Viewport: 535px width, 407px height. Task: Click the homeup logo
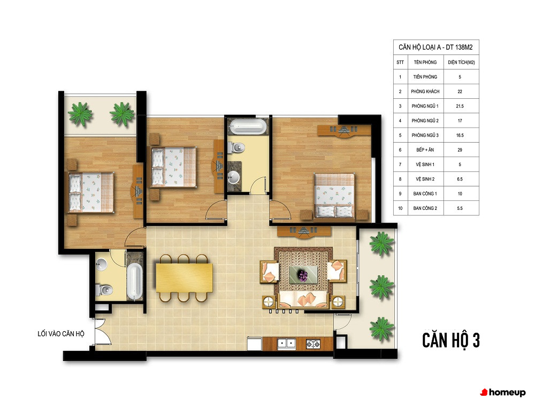(502, 393)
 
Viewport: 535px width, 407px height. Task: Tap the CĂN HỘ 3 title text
(450, 340)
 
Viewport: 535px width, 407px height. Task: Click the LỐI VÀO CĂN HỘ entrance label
(61, 334)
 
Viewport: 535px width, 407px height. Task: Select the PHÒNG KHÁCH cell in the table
(425, 91)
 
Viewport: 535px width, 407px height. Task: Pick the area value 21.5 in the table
(460, 106)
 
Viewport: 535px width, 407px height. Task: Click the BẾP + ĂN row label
(425, 150)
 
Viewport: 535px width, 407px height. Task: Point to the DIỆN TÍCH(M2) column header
(461, 62)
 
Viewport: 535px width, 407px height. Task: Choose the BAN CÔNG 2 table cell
(425, 208)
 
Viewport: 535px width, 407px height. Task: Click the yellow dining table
(184, 277)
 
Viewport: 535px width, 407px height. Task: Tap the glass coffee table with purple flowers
(303, 275)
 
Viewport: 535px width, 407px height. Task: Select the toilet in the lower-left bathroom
(104, 290)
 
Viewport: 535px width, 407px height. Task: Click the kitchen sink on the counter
(286, 343)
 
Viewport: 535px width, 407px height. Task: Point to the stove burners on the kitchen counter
(313, 344)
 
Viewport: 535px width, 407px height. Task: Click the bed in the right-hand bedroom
(334, 195)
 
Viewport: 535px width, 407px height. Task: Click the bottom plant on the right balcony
(381, 328)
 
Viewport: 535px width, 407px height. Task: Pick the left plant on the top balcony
(80, 114)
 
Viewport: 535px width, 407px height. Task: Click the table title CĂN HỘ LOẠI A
(421, 48)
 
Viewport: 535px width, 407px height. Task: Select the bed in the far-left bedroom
(91, 192)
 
